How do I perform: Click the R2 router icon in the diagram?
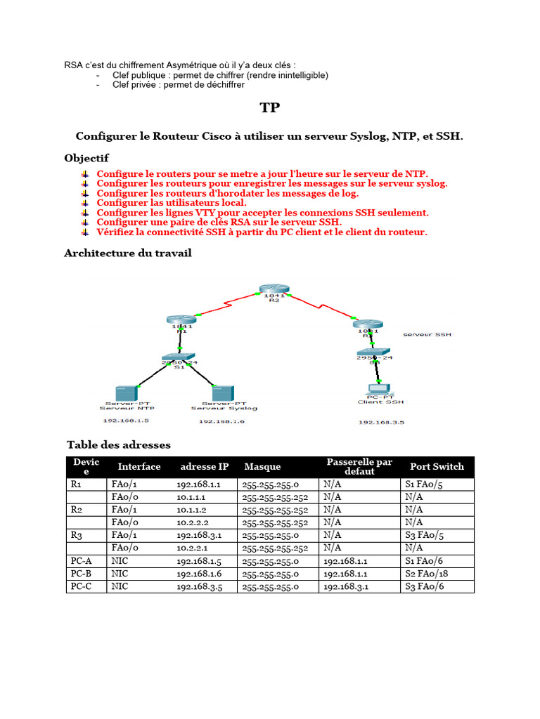pyautogui.click(x=273, y=290)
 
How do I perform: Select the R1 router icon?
pyautogui.click(x=180, y=320)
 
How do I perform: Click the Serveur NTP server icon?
pyautogui.click(x=127, y=393)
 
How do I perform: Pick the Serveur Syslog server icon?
pyautogui.click(x=223, y=393)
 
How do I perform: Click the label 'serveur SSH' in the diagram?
pyautogui.click(x=427, y=334)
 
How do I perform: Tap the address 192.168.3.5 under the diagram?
pyautogui.click(x=380, y=423)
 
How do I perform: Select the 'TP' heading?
pyautogui.click(x=270, y=107)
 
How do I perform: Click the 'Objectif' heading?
pyautogui.click(x=86, y=157)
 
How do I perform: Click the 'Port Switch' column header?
pyautogui.click(x=437, y=466)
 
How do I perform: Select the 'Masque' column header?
pyautogui.click(x=262, y=466)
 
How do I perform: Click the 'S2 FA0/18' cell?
pyautogui.click(x=426, y=574)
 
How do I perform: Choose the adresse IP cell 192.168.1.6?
pyautogui.click(x=200, y=574)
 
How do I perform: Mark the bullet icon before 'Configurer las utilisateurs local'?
pyautogui.click(x=84, y=202)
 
